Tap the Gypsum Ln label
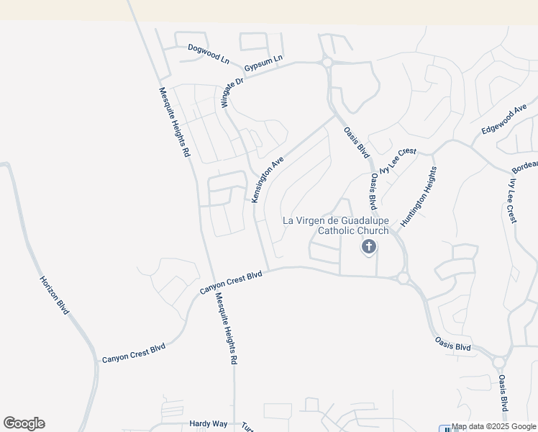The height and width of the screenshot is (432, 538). pyautogui.click(x=264, y=63)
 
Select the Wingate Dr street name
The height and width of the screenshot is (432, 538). pyautogui.click(x=232, y=92)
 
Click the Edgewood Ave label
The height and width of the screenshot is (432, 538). pyautogui.click(x=504, y=119)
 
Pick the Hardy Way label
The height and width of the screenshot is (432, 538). pyautogui.click(x=208, y=424)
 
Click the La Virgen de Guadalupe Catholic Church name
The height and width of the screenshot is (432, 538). pyautogui.click(x=335, y=225)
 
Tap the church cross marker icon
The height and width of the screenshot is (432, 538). pyautogui.click(x=368, y=248)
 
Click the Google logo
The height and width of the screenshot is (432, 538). pyautogui.click(x=24, y=423)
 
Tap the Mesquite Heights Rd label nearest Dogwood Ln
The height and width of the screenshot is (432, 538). pyautogui.click(x=174, y=122)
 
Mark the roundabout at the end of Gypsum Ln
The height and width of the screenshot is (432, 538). pyautogui.click(x=327, y=63)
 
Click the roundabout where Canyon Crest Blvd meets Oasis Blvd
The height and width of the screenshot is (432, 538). pyautogui.click(x=403, y=278)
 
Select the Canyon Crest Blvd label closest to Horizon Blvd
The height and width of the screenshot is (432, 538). pyautogui.click(x=134, y=353)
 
